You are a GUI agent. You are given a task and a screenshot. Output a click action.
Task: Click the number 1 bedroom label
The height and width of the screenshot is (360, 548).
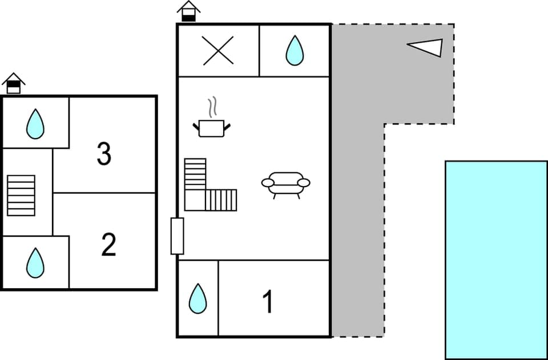[x=267, y=302]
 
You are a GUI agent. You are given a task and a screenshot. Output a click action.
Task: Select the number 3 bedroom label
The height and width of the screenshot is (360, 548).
[x=104, y=154]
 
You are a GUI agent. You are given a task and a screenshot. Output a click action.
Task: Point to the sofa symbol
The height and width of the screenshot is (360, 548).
[x=285, y=184]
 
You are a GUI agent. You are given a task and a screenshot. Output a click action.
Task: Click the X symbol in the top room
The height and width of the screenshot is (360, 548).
[x=219, y=51]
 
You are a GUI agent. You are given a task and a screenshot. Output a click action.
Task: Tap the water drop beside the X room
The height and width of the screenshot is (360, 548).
[x=295, y=51]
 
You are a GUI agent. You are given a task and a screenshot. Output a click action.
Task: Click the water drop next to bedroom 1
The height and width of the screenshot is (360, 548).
[x=198, y=298]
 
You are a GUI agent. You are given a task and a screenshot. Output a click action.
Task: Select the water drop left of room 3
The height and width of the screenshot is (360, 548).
[x=35, y=124]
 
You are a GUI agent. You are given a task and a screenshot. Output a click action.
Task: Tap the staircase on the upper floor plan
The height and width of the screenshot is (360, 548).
[x=21, y=195]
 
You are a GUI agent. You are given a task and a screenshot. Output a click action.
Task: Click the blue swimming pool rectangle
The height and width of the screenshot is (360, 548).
[x=496, y=260]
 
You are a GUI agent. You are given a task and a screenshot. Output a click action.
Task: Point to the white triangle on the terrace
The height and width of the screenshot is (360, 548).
[x=428, y=47]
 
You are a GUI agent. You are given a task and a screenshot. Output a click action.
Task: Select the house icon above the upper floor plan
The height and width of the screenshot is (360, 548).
[x=14, y=83]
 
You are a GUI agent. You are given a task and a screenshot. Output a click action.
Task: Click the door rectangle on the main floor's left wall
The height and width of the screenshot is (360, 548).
[x=177, y=236]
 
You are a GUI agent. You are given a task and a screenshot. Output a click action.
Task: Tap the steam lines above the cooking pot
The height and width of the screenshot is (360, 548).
[x=213, y=107]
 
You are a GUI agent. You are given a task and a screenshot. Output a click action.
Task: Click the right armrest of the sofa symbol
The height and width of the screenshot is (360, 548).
[x=304, y=183]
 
